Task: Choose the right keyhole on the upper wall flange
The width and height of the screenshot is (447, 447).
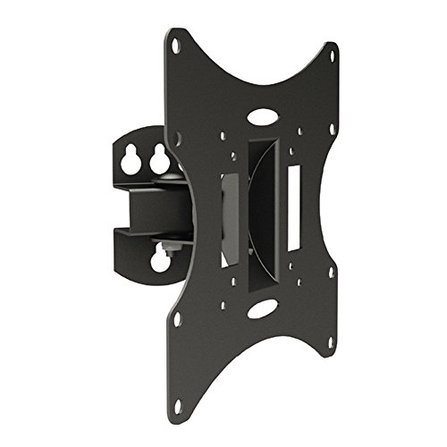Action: tap(160, 162)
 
